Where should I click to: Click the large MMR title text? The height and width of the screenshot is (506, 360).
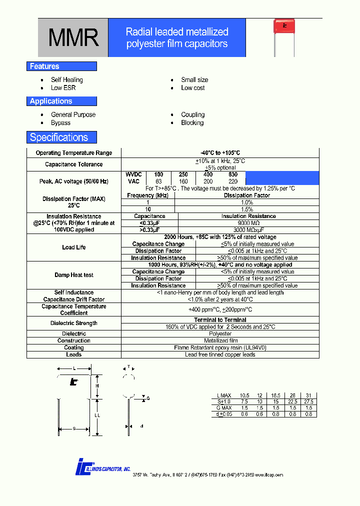(x=73, y=38)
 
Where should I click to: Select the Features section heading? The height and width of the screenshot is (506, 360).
(x=44, y=66)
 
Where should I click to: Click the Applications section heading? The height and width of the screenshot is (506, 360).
(x=51, y=101)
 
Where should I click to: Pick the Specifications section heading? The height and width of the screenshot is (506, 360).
(x=59, y=137)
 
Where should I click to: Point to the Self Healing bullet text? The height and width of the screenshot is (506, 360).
(x=67, y=79)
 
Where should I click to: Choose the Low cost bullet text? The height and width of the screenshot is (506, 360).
(x=193, y=88)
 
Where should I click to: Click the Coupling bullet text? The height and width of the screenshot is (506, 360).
(x=193, y=114)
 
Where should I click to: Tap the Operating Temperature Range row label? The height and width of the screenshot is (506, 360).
(x=74, y=153)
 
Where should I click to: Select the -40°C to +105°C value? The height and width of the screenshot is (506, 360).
(x=220, y=153)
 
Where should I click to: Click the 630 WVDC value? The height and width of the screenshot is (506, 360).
(x=233, y=174)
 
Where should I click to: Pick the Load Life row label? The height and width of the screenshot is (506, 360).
(x=74, y=247)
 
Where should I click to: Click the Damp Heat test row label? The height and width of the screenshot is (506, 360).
(x=74, y=275)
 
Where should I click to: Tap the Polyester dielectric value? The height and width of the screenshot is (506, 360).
(x=220, y=333)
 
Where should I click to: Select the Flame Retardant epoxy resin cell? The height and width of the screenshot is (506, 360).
(x=220, y=347)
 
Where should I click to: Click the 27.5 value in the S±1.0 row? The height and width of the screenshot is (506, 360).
(x=308, y=401)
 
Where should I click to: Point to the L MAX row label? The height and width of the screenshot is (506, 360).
(x=222, y=395)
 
